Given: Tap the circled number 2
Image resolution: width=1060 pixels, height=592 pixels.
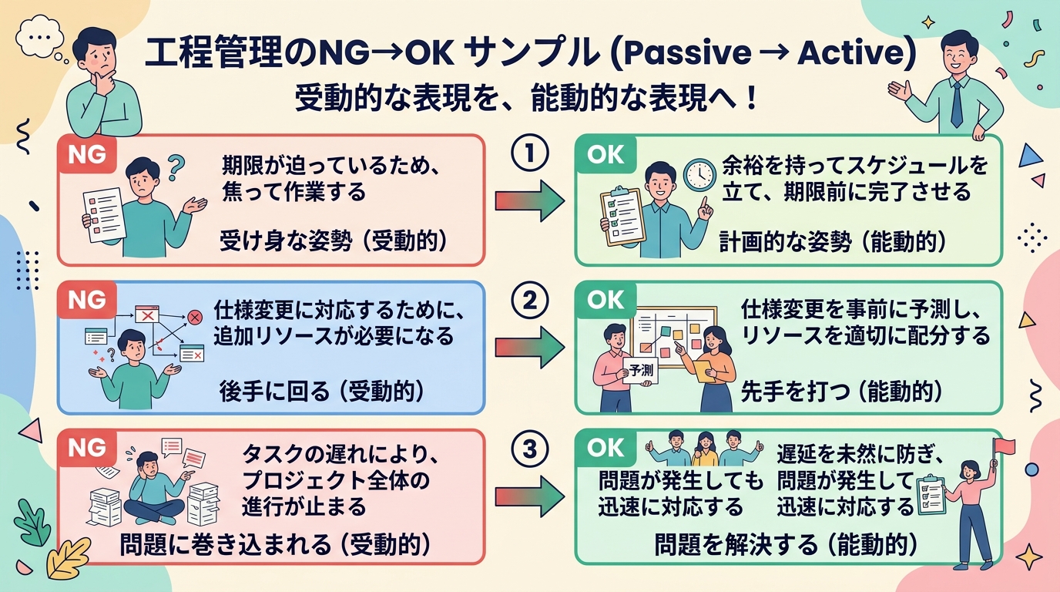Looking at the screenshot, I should click(529, 301).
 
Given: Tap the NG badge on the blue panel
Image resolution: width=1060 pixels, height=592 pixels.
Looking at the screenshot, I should click(86, 301).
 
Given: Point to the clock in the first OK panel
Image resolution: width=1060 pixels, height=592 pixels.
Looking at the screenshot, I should click(699, 174).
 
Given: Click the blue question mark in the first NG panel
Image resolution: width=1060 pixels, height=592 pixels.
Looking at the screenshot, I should click(176, 164).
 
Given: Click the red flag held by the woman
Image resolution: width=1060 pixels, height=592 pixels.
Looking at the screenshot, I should click(1005, 446).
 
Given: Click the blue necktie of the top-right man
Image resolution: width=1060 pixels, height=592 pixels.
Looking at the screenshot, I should click(957, 104).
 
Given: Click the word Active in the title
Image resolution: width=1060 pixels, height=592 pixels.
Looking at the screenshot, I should click(849, 54).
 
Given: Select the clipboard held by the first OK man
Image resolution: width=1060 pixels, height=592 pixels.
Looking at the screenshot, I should click(622, 217).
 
